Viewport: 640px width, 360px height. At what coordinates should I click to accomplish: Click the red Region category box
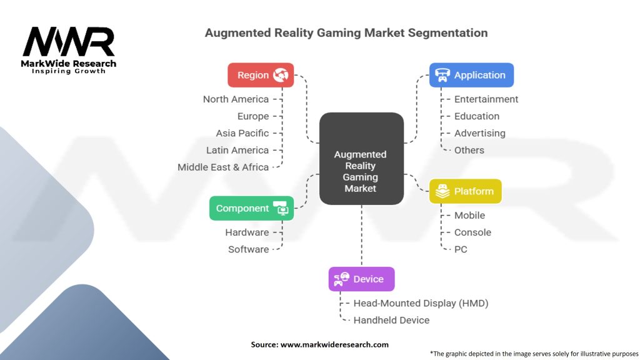point(261,75)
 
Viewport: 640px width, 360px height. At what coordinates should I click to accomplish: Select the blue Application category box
point(471,75)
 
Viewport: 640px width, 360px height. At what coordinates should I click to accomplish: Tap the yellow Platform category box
point(465,191)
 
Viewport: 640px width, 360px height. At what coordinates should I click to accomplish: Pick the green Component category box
point(251,208)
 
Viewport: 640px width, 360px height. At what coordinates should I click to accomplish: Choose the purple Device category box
point(361,279)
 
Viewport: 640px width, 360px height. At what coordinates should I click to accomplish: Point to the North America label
point(236,99)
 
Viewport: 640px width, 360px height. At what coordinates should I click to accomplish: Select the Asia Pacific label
point(242,133)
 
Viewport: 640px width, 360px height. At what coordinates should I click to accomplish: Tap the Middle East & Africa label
point(223,167)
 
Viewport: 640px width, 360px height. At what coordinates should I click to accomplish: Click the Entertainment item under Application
point(486,99)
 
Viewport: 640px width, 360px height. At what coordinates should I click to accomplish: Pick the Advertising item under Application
point(479,133)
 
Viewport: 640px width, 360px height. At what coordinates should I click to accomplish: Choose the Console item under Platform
point(472,232)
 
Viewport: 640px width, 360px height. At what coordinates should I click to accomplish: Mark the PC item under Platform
point(461,249)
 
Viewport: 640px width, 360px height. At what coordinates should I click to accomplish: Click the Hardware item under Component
point(247,232)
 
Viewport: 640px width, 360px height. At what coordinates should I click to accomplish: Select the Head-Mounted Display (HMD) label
point(421,303)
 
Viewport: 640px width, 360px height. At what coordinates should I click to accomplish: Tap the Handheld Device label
point(391,320)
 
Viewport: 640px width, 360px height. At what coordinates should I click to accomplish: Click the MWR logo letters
point(69,42)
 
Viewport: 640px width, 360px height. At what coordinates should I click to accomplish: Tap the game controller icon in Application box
point(442,75)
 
